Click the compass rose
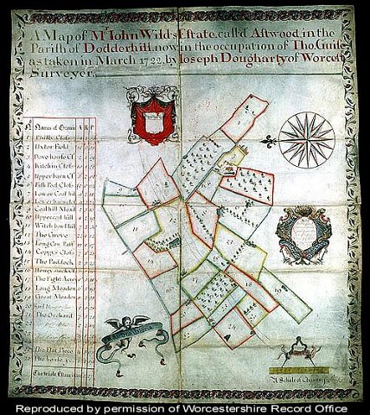(307, 141)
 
